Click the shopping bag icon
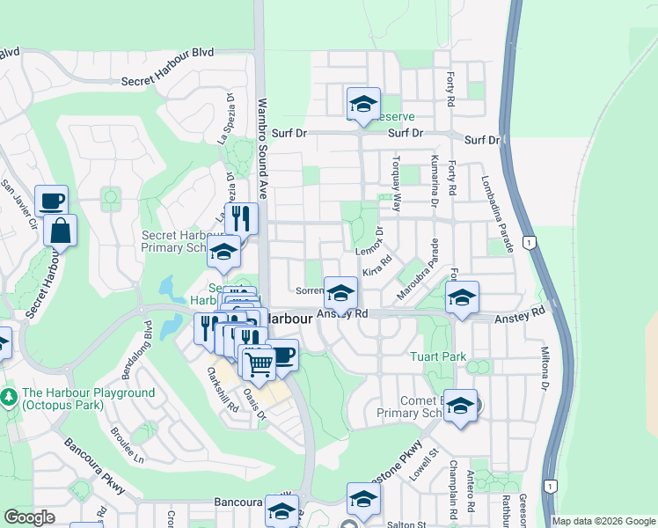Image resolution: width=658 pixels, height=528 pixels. coord(60,231)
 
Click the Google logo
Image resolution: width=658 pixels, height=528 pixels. coord(29,517)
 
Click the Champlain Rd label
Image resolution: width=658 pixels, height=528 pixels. coord(453,480)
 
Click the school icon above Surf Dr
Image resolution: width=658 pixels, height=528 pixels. coord(363,104)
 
